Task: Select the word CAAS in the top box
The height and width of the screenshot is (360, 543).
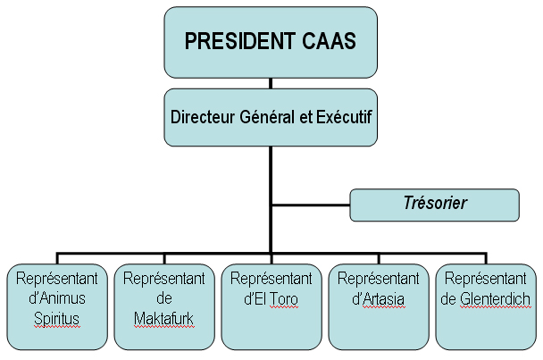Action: coord(330,41)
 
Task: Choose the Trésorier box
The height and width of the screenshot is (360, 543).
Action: coord(434,205)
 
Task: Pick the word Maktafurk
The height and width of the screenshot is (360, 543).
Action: coord(163,318)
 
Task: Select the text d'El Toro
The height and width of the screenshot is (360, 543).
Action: coord(271,297)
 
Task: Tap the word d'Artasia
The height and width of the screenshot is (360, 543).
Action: coord(378,297)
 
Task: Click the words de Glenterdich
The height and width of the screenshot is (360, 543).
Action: coord(486,297)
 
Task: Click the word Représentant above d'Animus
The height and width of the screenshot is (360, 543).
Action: coord(56,278)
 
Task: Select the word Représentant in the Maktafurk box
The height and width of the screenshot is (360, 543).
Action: coord(163,278)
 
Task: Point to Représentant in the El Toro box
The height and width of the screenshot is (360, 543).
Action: coord(271,278)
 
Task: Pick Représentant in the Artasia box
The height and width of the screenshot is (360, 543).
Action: coord(378,278)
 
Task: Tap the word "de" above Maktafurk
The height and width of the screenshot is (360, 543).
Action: coord(163,297)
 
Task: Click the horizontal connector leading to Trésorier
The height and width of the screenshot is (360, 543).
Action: coord(310,205)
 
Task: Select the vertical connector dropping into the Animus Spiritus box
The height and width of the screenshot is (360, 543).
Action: coord(57,255)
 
